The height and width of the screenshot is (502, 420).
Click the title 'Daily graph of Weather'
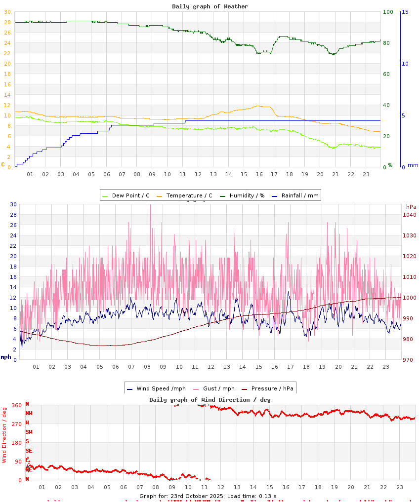(210, 6)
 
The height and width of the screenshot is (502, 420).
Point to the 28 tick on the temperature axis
(7, 22)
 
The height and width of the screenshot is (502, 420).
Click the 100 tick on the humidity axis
(388, 12)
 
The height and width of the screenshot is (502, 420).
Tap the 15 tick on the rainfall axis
(405, 12)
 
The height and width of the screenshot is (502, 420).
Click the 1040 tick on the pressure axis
(410, 215)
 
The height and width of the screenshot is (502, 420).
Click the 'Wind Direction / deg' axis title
(4, 434)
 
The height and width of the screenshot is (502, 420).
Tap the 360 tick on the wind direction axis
(16, 406)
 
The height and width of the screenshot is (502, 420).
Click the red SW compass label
(29, 432)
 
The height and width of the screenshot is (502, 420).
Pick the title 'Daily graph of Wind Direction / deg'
(210, 400)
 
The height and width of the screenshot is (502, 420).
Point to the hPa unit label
(411, 206)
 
